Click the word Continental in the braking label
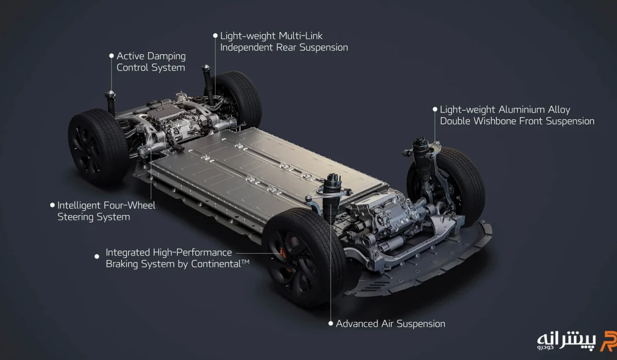click(216, 264)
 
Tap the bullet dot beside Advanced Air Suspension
click(331, 323)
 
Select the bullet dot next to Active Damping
click(111, 56)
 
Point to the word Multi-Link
click(300, 36)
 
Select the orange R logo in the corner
click(608, 341)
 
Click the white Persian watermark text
click(566, 342)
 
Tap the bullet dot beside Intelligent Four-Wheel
click(52, 205)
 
